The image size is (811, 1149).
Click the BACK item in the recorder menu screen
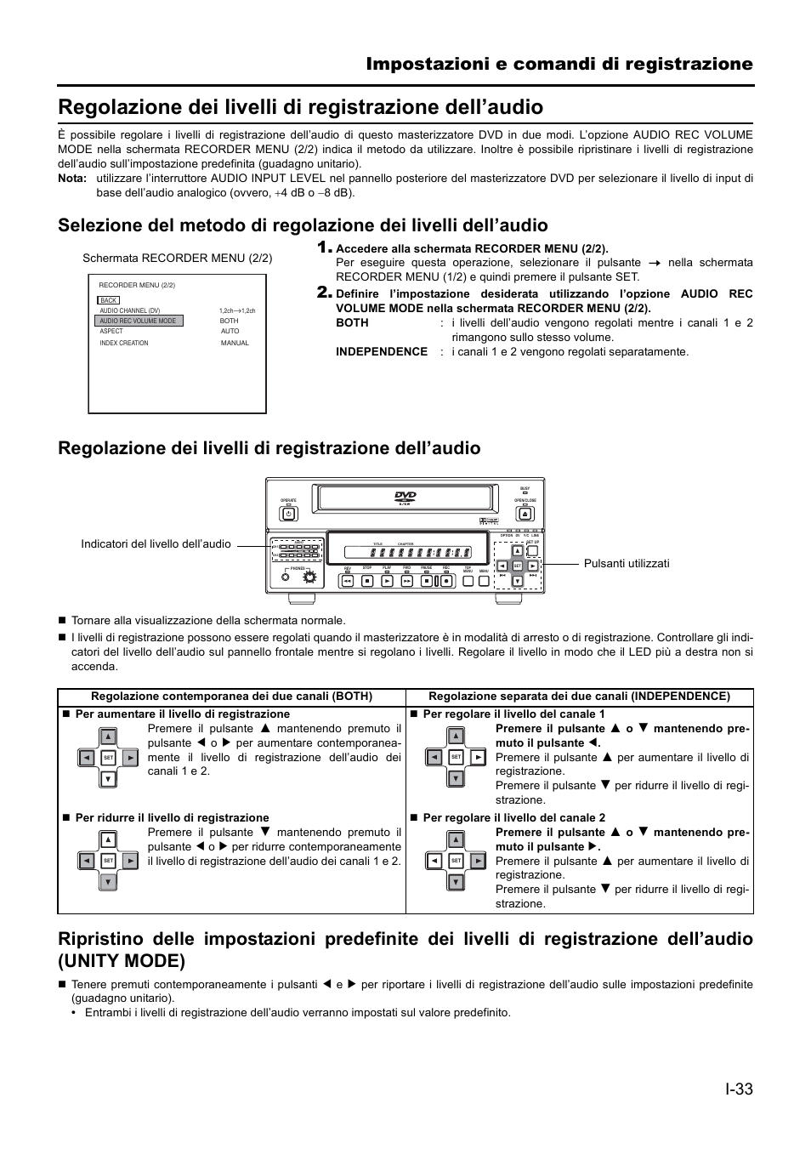(x=109, y=300)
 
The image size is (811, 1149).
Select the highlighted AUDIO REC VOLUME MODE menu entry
(x=139, y=321)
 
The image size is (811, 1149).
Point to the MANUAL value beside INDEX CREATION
(x=235, y=343)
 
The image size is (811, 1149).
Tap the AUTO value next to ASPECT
(x=230, y=331)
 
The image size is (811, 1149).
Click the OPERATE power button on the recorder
(x=288, y=513)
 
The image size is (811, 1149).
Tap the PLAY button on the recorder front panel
(x=387, y=582)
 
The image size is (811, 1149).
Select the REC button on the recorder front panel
(x=446, y=582)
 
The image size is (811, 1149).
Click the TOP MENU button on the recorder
(x=467, y=582)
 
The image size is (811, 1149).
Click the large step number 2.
(x=323, y=293)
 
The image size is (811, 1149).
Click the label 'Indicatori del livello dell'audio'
(x=156, y=543)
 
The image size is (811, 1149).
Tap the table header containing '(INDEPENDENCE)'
(x=579, y=696)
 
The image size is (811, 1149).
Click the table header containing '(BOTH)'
(x=231, y=696)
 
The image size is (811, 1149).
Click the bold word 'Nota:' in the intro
(x=72, y=179)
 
